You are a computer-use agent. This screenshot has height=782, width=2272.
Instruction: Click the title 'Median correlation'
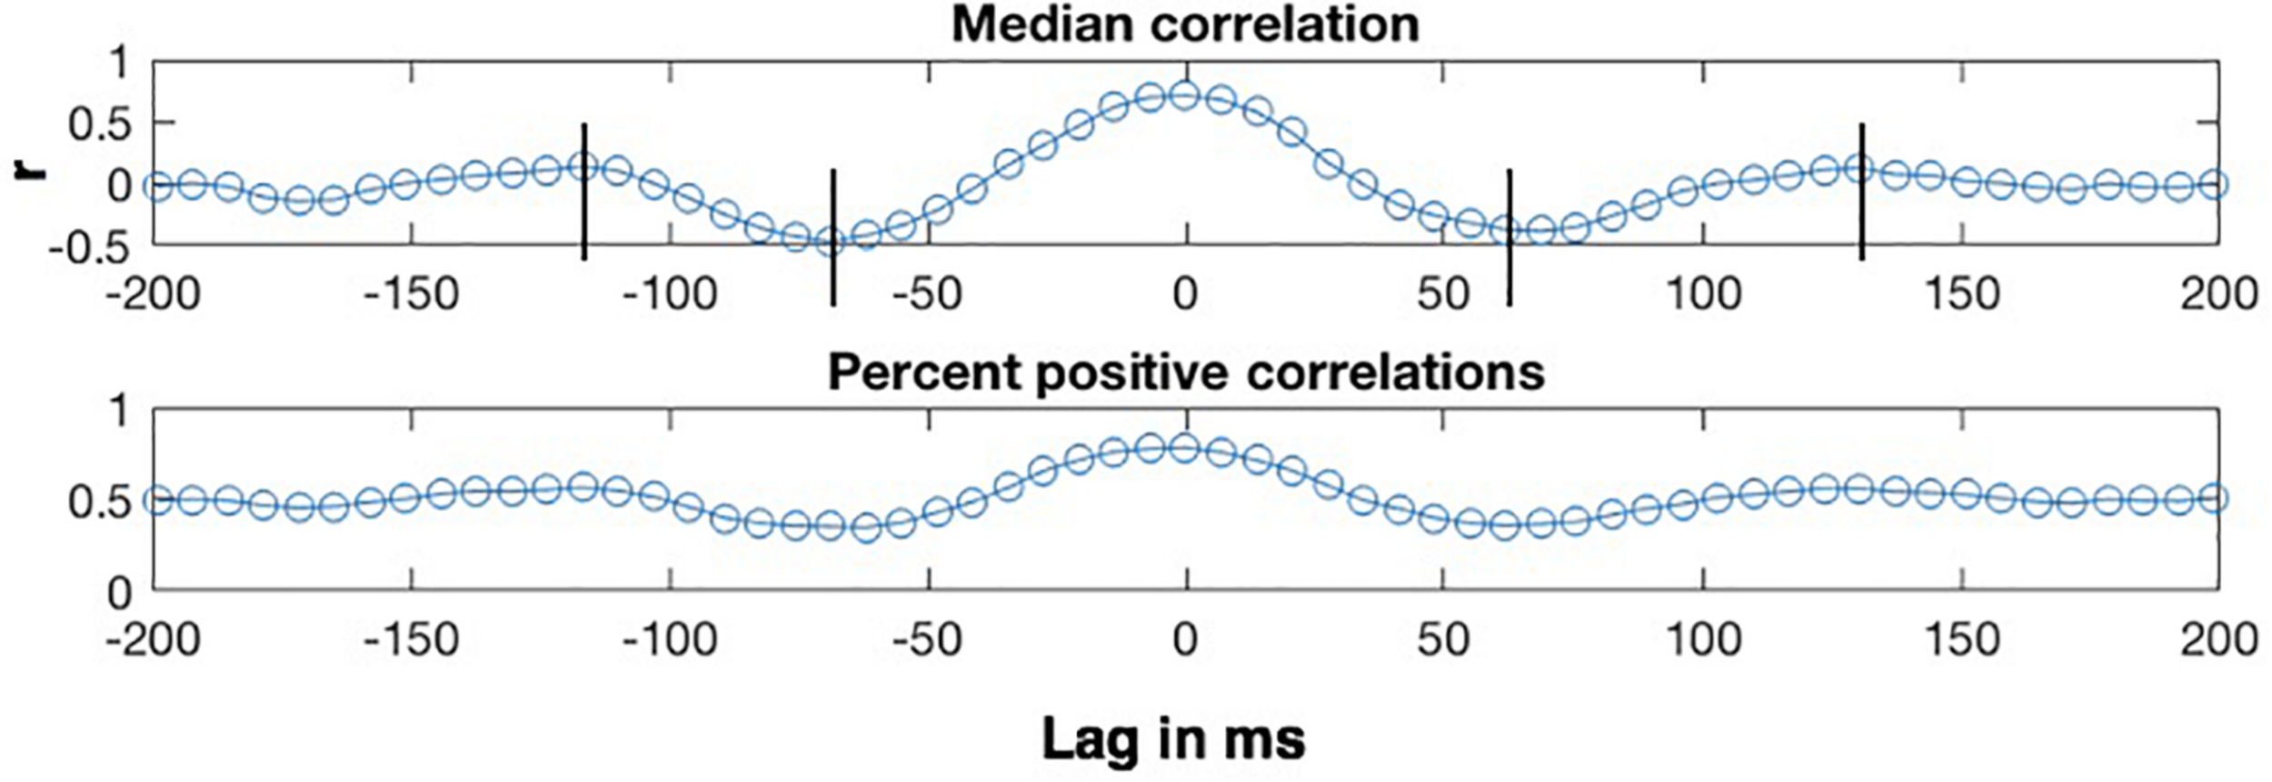point(1185,25)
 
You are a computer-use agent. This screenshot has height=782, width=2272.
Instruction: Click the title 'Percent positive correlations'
point(1185,372)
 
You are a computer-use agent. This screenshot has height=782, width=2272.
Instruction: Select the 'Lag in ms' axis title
point(1172,738)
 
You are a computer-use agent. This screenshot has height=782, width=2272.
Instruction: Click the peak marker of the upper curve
point(1184,95)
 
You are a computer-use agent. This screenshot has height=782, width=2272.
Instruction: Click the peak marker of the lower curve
point(1184,446)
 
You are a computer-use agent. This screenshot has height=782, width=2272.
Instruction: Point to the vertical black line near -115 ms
point(584,191)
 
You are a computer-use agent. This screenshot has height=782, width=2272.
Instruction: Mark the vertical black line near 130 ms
point(1861,191)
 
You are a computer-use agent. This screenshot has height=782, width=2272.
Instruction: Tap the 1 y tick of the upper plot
point(119,65)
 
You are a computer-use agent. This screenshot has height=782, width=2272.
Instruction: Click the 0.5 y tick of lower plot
point(100,502)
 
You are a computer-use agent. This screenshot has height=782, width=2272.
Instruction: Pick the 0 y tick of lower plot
point(119,595)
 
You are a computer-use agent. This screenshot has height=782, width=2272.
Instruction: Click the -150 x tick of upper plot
point(411,294)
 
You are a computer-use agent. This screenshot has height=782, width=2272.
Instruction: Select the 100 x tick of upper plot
point(1703,294)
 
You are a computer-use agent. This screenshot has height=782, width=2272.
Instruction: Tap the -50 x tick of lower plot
point(927,640)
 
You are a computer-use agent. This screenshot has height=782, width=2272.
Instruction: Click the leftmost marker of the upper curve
point(158,187)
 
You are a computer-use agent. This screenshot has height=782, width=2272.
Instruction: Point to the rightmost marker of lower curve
point(2215,498)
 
